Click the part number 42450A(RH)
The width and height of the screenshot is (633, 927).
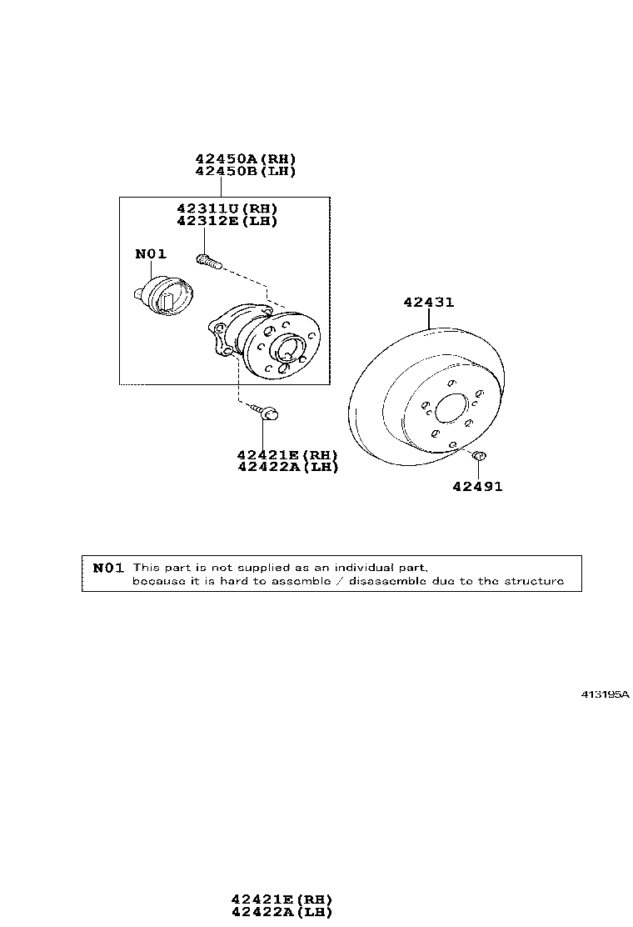(246, 158)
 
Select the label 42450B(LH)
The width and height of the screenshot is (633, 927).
(246, 171)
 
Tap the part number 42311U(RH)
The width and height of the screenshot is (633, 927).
(227, 208)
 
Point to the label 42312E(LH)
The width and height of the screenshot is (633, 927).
(227, 221)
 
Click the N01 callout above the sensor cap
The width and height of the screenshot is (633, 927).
(151, 253)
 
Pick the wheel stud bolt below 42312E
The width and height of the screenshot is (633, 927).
(207, 260)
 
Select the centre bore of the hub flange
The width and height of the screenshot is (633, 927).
(287, 347)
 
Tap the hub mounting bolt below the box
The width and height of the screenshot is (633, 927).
(265, 412)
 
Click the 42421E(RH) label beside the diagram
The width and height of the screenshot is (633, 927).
(287, 454)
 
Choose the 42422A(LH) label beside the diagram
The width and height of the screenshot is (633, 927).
(287, 467)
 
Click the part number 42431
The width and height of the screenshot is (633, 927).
(429, 302)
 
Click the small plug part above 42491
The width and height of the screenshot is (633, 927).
(480, 455)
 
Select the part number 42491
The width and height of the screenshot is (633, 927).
(478, 487)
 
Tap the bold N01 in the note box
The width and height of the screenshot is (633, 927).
(108, 568)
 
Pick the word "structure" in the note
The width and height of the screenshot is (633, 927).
(535, 581)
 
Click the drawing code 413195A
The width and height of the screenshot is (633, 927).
(606, 694)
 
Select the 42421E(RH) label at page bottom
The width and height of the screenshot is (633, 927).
(282, 899)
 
